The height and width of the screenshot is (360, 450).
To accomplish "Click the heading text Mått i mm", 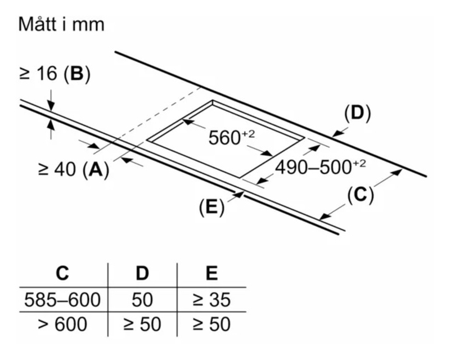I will coord(61,25).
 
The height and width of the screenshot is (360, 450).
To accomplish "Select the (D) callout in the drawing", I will coord(357,114).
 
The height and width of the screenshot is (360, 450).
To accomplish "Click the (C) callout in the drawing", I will coord(359,195).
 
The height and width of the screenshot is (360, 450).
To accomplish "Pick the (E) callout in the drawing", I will coord(211,207).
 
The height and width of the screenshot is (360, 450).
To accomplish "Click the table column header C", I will coord(62,273).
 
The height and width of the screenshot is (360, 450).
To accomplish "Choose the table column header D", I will coord(142,273).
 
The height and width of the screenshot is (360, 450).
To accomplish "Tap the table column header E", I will coord(211,273).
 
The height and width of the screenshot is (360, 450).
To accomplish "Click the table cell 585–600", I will coord(62,300).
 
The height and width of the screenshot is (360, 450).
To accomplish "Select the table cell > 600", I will coord(62,325).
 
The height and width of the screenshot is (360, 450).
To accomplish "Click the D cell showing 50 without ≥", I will coord(142,300).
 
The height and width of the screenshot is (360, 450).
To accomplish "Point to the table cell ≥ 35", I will coord(211,300).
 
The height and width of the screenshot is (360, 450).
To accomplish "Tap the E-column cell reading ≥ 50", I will coord(211,325).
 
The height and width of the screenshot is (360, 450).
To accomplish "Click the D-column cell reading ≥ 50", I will coord(142,325).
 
